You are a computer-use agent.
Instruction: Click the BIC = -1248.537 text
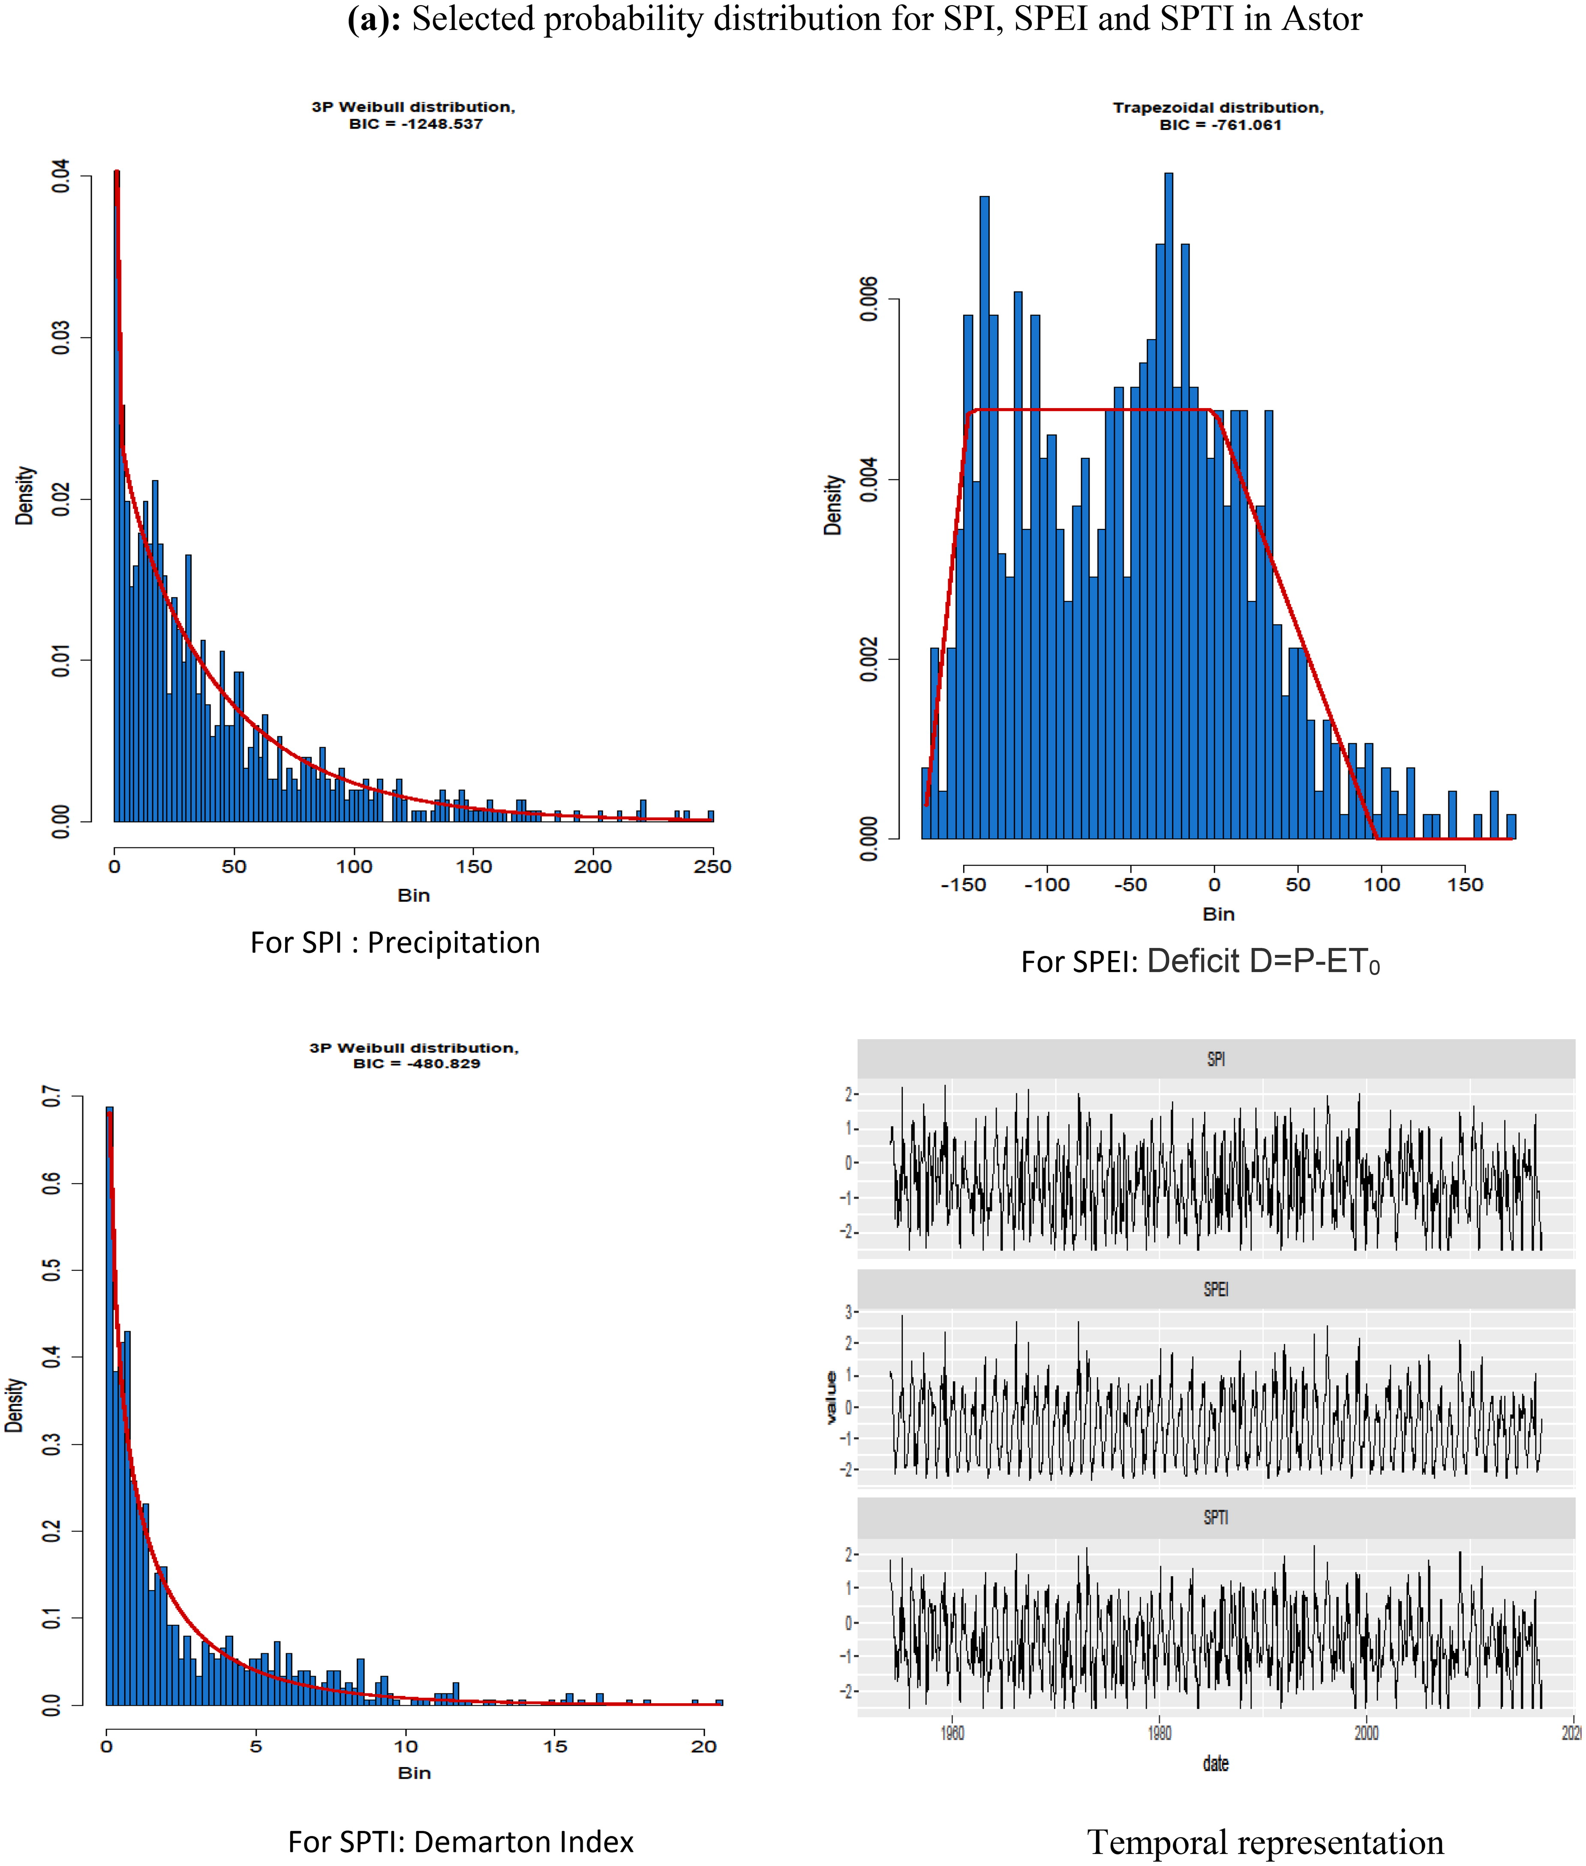tap(415, 124)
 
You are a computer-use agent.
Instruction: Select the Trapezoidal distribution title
tap(1218, 108)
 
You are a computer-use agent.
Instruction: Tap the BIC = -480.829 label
tap(416, 1063)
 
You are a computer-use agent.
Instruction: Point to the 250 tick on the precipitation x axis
tap(712, 867)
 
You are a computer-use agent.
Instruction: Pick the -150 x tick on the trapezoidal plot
tap(963, 885)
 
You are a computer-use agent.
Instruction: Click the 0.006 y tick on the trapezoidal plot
tap(868, 299)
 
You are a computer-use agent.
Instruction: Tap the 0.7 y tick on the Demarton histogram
tap(52, 1097)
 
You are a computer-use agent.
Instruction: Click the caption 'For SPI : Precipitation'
tap(396, 942)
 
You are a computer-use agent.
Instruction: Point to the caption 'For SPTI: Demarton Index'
tap(460, 1842)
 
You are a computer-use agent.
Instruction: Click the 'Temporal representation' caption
tap(1265, 1842)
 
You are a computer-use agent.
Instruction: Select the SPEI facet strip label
tap(1216, 1289)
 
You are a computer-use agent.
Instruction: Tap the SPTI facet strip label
tap(1216, 1517)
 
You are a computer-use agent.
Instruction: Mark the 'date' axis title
tap(1216, 1764)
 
